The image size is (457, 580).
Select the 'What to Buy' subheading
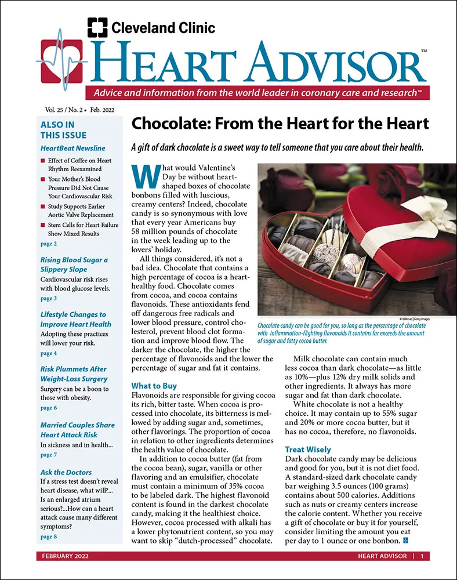tap(154, 386)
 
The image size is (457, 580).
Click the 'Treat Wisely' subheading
tap(308, 449)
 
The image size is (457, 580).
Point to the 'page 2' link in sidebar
tap(48, 244)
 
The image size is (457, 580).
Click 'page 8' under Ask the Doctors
tap(48, 536)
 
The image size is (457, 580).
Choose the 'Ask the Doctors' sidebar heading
tap(66, 472)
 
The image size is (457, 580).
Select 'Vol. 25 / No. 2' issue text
tap(61, 109)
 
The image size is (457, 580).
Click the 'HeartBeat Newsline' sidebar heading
tap(73, 148)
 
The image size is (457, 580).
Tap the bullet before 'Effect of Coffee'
tap(43, 161)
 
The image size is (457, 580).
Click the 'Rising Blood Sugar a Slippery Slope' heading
tap(74, 264)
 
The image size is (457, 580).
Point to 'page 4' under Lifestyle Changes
tap(48, 353)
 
